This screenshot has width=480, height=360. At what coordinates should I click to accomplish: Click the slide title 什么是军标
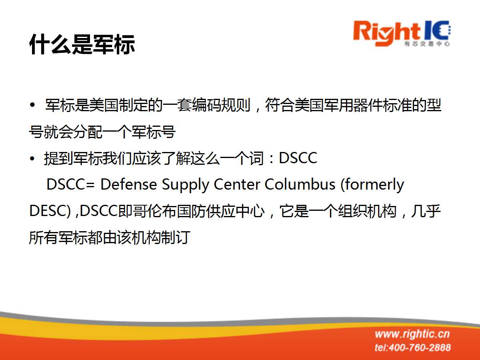click(82, 44)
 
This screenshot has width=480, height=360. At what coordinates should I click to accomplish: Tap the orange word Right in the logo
click(387, 34)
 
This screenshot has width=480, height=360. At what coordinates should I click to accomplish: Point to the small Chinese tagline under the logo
click(427, 44)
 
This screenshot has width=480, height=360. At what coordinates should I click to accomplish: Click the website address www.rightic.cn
click(412, 334)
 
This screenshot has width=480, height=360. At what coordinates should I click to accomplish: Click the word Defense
click(128, 184)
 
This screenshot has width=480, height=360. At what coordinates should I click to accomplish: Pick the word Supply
click(185, 185)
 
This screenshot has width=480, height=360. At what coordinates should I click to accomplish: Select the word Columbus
click(300, 184)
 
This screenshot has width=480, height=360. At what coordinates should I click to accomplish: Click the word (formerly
click(372, 185)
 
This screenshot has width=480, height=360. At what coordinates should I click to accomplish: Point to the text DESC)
click(50, 211)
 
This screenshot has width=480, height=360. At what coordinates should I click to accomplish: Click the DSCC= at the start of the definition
click(70, 184)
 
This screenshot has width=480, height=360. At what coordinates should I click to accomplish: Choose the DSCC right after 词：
click(298, 158)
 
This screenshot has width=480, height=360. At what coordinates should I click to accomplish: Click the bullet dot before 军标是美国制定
click(32, 105)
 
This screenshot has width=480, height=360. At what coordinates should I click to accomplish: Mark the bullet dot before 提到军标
click(32, 158)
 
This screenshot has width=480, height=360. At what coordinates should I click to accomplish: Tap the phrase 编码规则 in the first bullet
click(221, 105)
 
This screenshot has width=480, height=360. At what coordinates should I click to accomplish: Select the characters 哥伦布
click(155, 211)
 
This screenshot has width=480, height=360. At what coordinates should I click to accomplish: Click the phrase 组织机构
click(367, 211)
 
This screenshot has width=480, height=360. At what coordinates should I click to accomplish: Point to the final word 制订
click(175, 238)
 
